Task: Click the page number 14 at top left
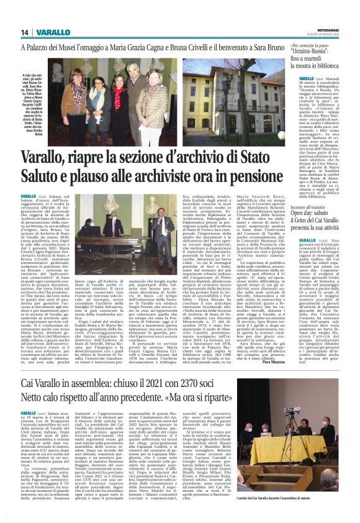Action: (25, 32)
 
